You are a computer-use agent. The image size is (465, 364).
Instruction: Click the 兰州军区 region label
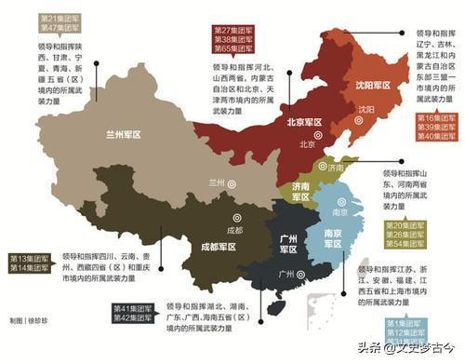tap(124, 134)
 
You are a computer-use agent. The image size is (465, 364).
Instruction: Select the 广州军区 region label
tap(288, 244)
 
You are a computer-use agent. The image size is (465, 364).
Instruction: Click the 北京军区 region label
tap(303, 122)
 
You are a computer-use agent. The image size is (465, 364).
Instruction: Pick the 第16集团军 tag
tap(435, 118)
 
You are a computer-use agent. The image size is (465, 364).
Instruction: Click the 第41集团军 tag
tap(133, 307)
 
